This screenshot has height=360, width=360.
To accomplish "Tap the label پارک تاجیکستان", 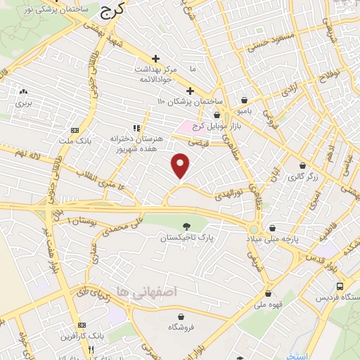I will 186,238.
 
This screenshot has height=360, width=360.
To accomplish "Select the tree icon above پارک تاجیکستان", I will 186,226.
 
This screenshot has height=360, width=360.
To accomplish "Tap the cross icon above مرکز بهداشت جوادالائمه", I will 156,58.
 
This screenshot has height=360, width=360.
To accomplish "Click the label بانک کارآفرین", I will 83,337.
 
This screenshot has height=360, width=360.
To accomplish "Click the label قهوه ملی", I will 267,306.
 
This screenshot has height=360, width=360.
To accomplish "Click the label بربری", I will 25,103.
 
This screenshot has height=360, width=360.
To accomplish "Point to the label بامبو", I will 244,110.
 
